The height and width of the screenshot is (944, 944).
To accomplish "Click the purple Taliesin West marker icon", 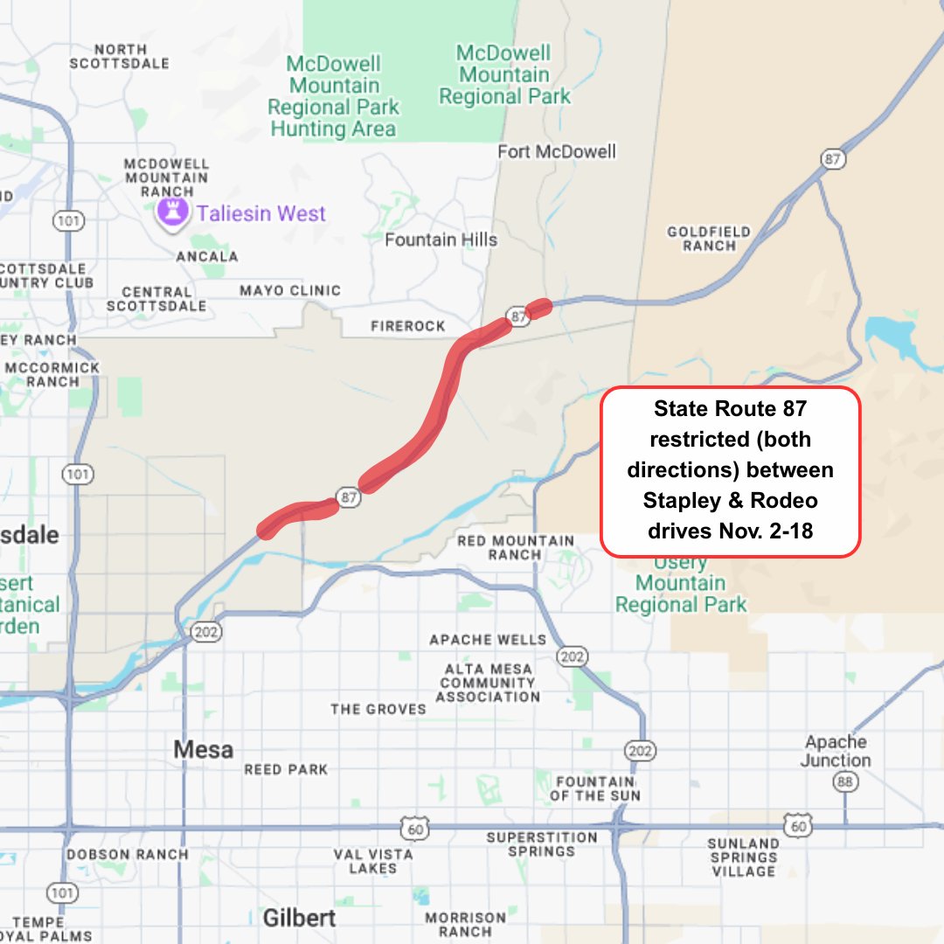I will pos(171,212).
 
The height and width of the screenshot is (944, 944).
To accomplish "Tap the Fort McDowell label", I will pos(557,152).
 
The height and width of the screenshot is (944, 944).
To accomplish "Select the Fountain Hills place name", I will pos(441,239).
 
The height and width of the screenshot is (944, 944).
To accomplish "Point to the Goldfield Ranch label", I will pos(709,239).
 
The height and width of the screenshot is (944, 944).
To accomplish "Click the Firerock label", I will pos(408,326).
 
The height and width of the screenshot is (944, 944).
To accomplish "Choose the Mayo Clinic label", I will pos(290,291).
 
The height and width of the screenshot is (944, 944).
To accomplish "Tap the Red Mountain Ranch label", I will pos(515,548).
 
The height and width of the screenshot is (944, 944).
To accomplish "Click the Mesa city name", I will pos(203,750).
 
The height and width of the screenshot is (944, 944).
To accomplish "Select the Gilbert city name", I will pos(299,918).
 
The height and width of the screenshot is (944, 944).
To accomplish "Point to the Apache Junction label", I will pos(836,751).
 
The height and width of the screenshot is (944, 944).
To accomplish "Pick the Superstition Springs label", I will pos(542,844).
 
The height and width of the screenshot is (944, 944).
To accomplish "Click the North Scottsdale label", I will pos(119,57).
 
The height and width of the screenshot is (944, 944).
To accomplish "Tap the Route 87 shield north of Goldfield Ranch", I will pos(833,159).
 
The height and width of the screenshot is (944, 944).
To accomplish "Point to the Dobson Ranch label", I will pos(128,854).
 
